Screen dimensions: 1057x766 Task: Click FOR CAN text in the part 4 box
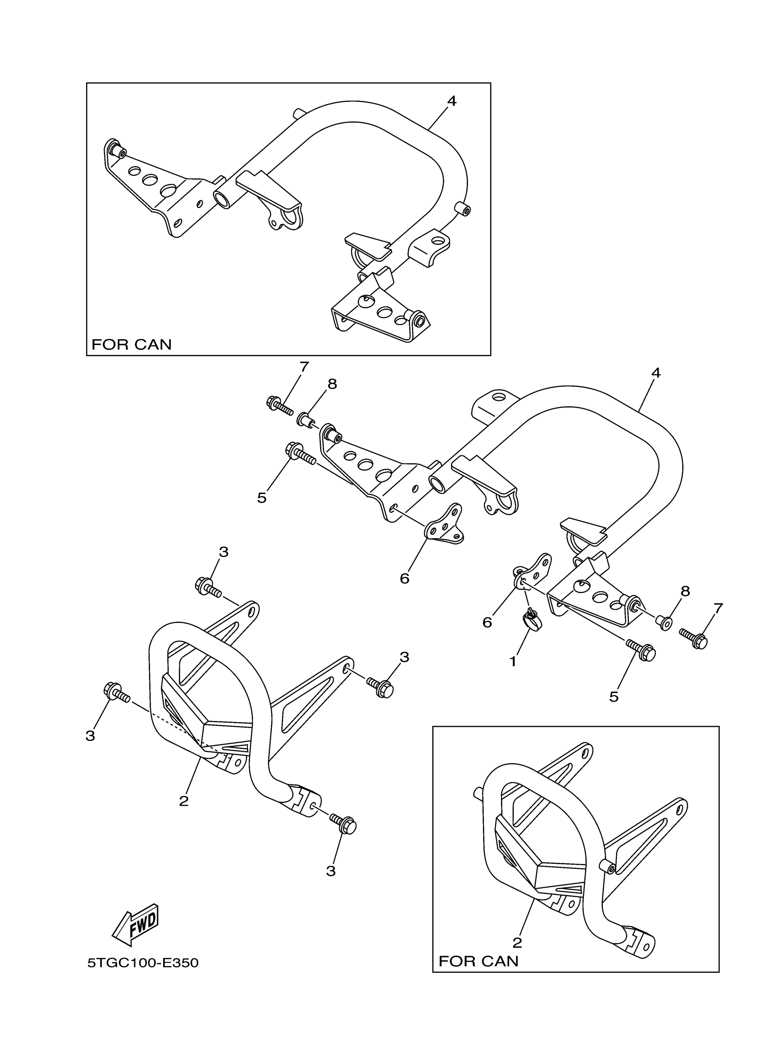pos(132,345)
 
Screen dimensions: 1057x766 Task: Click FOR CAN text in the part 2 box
pos(479,961)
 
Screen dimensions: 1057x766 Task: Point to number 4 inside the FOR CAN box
pos(451,101)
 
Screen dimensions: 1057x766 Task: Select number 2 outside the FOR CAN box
pos(184,801)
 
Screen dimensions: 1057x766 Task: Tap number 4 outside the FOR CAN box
pos(656,373)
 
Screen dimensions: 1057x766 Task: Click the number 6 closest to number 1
pos(487,622)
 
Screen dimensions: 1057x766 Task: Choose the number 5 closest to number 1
pos(614,709)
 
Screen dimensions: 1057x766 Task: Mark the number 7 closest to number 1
pos(718,608)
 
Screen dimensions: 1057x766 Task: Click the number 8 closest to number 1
pos(684,591)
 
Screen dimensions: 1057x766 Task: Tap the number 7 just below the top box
pos(304,367)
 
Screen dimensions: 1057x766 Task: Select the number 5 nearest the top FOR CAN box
pos(262,498)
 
